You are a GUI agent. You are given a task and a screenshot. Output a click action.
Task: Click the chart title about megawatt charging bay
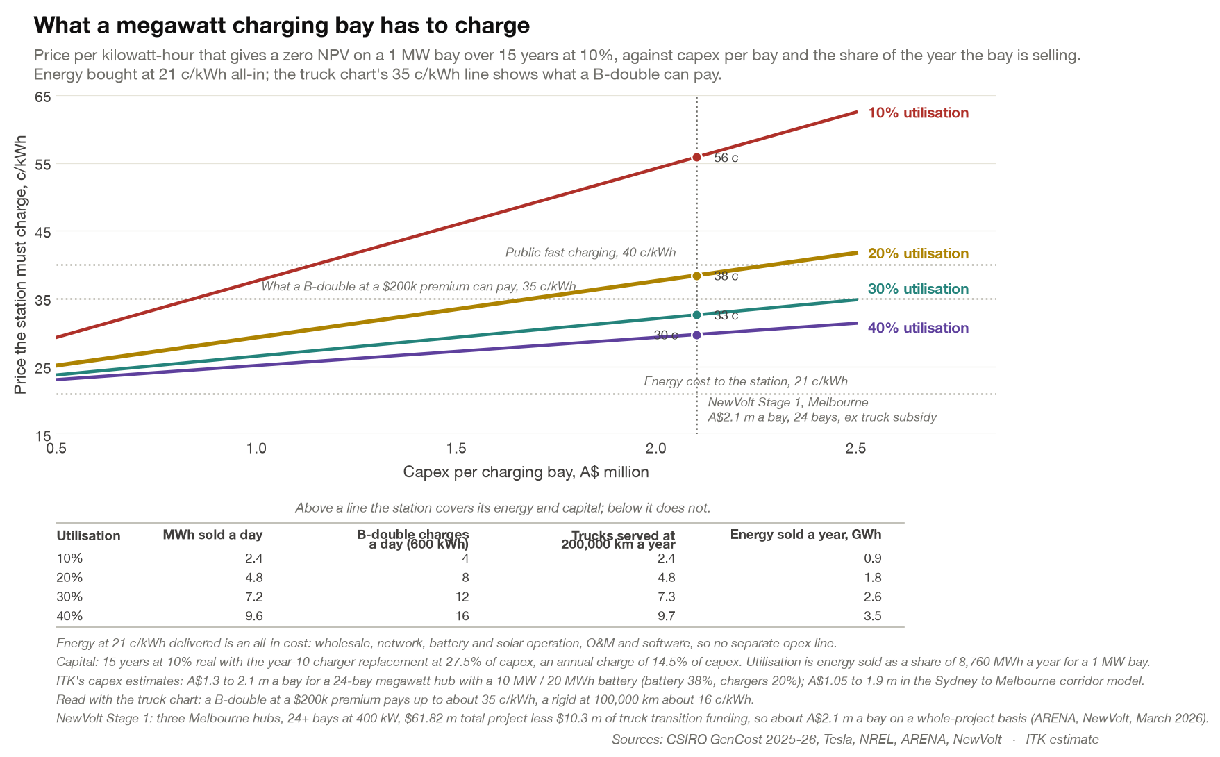tap(282, 26)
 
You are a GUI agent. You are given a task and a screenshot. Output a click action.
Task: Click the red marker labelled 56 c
tap(696, 158)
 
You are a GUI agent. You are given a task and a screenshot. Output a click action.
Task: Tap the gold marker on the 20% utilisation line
tap(696, 276)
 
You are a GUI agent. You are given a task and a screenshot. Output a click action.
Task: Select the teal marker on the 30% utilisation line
tap(696, 315)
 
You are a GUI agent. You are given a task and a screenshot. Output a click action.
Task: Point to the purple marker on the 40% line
tap(696, 335)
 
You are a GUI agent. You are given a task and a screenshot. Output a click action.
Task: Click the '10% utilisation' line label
tap(918, 113)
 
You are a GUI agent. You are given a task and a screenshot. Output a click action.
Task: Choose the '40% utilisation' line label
tap(918, 328)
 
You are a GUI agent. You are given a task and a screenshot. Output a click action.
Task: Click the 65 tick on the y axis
tap(42, 97)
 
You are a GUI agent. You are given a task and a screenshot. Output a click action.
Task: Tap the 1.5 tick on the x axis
tap(456, 449)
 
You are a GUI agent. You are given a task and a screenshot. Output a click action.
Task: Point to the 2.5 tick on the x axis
tap(856, 449)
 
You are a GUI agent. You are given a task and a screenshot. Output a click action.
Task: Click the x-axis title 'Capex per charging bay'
tap(526, 472)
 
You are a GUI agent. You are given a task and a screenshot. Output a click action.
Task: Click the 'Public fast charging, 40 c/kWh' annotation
tap(590, 252)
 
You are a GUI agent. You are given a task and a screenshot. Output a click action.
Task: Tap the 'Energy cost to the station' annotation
tap(746, 381)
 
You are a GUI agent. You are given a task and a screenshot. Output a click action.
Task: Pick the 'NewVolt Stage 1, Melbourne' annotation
tap(788, 402)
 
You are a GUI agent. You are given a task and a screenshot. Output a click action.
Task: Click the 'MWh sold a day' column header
tap(212, 535)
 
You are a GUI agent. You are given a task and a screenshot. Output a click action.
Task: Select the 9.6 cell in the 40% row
tap(254, 616)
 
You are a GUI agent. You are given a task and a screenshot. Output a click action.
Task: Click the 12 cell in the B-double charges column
tap(462, 597)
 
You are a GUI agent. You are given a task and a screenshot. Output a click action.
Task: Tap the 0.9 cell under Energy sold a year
tap(873, 558)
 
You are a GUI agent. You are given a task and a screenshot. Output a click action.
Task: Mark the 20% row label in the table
tap(69, 577)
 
